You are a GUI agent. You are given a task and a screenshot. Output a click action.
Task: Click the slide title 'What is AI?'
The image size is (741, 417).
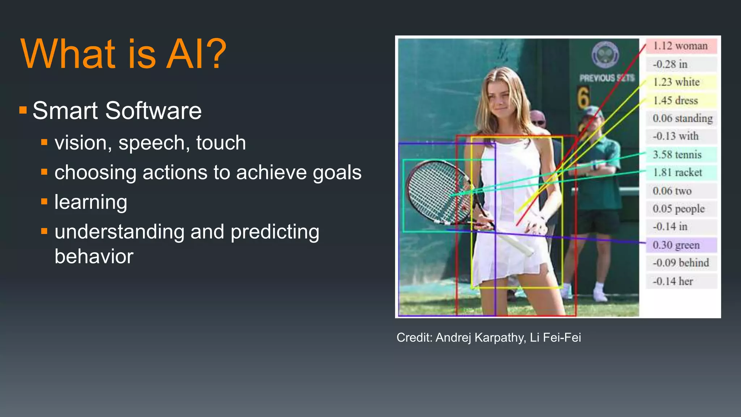coord(123,54)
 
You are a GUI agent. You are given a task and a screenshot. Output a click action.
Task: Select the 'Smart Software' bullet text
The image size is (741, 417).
coord(117,111)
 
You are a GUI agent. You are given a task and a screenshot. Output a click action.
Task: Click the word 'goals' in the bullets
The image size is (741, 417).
coord(337,172)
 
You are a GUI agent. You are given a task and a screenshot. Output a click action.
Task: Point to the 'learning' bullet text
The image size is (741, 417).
coord(91,202)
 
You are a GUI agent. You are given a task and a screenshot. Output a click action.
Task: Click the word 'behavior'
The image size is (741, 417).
coord(94,256)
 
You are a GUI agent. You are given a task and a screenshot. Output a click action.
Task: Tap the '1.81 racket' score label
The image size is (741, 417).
coord(678,173)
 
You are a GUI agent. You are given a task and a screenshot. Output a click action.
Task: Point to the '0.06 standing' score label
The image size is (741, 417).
coord(682,118)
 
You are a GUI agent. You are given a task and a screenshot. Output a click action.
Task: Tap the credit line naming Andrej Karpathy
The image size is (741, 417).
coord(488,337)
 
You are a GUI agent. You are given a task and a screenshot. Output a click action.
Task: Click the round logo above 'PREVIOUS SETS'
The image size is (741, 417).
coord(605,55)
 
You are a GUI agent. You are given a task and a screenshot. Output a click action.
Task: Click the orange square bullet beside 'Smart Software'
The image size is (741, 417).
coord(23,110)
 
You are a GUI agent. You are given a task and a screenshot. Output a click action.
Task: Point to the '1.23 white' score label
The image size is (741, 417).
coord(677,82)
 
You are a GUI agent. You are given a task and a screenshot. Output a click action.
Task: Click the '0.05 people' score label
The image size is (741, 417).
coord(679,209)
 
